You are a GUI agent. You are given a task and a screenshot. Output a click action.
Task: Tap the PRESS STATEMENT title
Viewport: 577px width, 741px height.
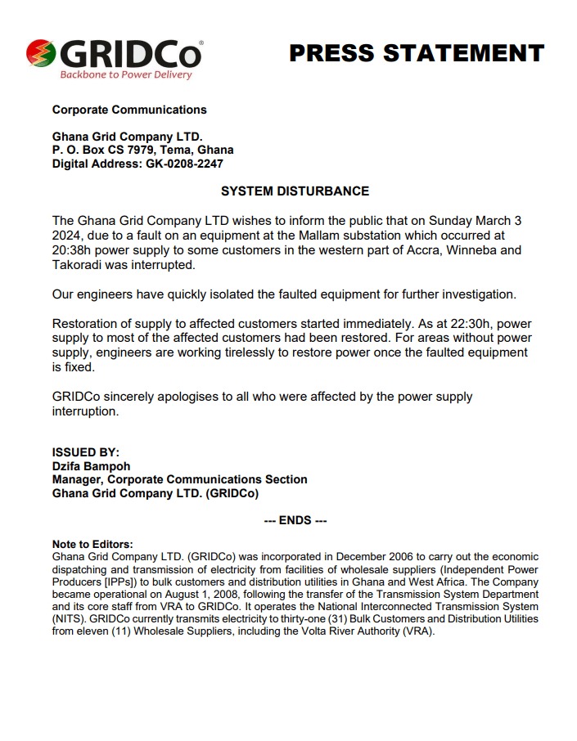coord(417,53)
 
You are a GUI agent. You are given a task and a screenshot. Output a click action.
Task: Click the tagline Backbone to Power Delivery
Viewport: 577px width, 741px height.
coord(126,74)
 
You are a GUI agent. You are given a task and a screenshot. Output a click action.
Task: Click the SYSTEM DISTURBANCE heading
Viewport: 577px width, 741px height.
coord(295,191)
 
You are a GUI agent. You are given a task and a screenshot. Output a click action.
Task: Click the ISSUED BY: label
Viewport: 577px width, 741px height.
coord(86,451)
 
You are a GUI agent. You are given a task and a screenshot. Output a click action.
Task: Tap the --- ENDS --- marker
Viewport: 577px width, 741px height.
coord(295,520)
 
